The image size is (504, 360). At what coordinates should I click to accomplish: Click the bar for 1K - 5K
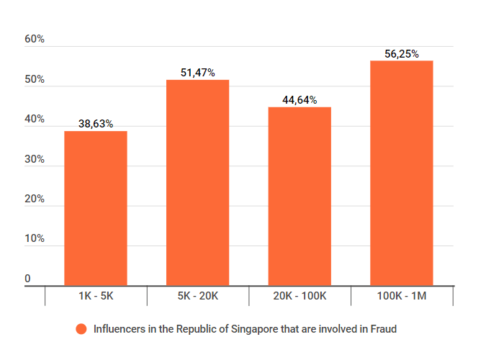[x=96, y=209]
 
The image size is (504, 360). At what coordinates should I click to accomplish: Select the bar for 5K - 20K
[x=197, y=183]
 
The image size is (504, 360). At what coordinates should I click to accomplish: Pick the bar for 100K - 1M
[x=401, y=174]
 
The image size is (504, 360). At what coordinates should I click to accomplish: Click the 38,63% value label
[x=96, y=124]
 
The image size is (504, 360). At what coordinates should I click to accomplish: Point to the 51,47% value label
[x=197, y=73]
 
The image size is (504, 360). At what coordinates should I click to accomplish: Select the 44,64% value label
[x=300, y=100]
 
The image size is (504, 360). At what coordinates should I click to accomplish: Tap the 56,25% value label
[x=401, y=54]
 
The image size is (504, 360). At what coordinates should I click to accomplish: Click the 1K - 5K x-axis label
[x=96, y=296]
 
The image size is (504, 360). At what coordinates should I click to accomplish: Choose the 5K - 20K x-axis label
[x=197, y=296]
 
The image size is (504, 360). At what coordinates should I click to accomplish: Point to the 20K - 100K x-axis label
[x=300, y=296]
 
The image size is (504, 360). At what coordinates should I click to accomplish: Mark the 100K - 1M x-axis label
[x=401, y=296]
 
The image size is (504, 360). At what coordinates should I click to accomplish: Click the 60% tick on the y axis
[x=35, y=40]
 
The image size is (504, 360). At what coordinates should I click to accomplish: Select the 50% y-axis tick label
[x=35, y=79]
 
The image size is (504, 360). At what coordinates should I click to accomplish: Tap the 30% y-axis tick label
[x=35, y=159]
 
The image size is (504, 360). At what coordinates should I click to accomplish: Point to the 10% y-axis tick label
[x=35, y=238]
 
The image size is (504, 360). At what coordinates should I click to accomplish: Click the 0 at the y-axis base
[x=27, y=279]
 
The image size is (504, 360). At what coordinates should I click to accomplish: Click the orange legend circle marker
[x=81, y=329]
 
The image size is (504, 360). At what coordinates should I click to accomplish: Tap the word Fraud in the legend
[x=383, y=329]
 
